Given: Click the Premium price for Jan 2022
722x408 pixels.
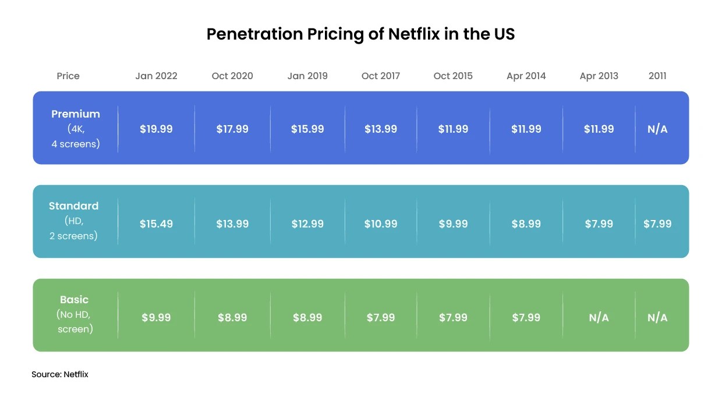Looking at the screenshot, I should pos(156,129).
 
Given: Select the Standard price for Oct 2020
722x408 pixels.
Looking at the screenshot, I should pos(232,224).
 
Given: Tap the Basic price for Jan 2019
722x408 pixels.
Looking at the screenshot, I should pos(307,318).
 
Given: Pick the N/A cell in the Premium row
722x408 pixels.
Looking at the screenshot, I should pos(657,129).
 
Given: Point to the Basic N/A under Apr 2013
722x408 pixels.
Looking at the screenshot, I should pos(599,318).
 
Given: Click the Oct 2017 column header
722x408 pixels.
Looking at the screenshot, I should pos(381,76).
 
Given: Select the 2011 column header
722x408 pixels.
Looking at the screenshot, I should pos(657,76).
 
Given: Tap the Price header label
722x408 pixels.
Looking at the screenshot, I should pos(68,76).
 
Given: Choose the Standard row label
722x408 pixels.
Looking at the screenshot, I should pos(74,206).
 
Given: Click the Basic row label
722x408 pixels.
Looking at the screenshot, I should pos(75,300).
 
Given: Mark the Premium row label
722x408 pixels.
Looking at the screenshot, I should pos(76,114).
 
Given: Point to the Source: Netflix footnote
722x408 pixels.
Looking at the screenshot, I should pos(60,374).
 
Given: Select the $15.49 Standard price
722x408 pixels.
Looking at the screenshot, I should pos(156,224).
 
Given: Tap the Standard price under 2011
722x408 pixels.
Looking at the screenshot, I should pos(657,224).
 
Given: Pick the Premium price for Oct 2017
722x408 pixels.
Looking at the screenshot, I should pos(381,129).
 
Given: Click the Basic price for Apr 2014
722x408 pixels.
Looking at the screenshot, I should pos(526,318).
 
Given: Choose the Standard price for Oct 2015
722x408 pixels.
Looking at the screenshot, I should pos(453,224).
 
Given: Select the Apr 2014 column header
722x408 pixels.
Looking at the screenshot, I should pos(526,76).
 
